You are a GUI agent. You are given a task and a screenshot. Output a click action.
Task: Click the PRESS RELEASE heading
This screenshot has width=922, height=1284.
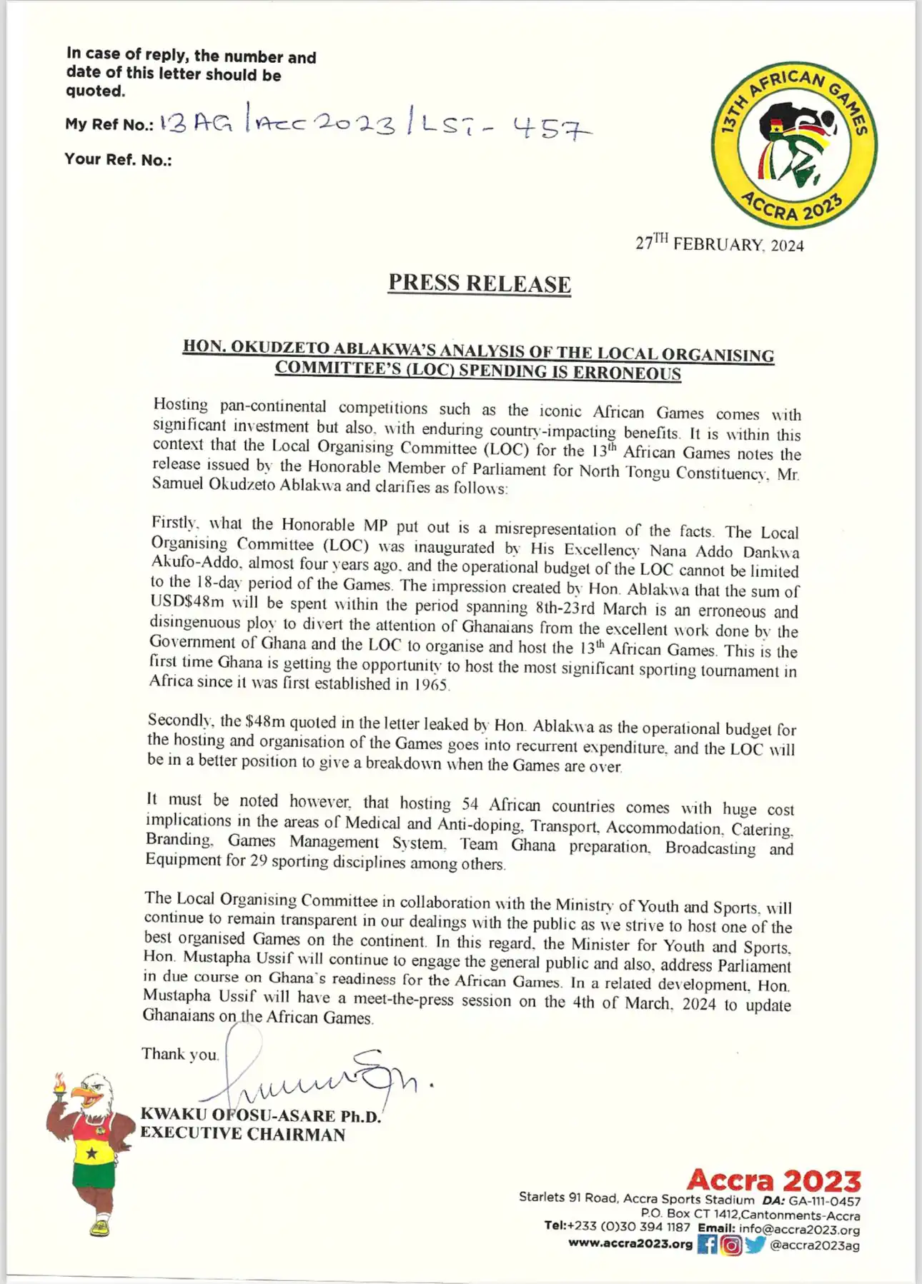480,284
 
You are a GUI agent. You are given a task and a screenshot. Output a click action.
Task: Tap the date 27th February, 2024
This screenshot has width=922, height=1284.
719,244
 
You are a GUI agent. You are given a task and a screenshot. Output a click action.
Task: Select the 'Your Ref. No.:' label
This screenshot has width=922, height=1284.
118,159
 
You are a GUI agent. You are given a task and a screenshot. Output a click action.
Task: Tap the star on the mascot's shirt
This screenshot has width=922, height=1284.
91,1153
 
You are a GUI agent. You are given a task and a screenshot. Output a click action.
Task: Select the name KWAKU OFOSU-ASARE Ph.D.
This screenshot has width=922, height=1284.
260,1115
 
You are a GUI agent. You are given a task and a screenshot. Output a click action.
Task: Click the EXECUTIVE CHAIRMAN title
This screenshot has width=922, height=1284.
242,1134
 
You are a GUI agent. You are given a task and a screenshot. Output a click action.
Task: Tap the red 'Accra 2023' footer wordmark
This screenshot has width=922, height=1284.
773,1180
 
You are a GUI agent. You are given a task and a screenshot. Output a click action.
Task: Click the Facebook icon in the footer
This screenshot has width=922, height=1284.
707,1245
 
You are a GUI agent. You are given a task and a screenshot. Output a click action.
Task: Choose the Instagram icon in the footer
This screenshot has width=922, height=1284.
731,1245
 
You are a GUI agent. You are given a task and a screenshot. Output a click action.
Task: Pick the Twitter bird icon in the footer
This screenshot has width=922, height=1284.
755,1245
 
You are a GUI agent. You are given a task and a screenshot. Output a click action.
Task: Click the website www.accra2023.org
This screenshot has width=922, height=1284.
630,1244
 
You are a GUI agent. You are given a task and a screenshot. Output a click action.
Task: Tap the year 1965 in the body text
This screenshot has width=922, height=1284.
431,684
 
